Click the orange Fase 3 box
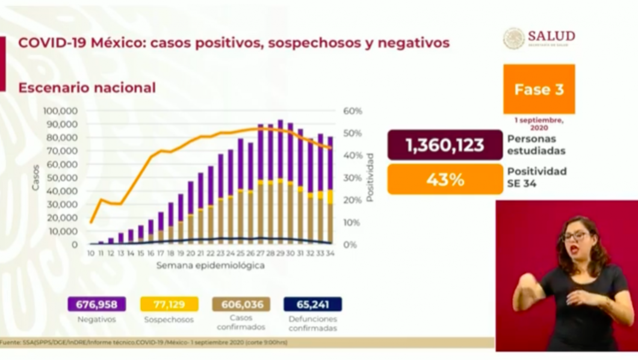[x=539, y=89]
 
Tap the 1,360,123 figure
[x=445, y=145]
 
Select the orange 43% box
[x=445, y=179]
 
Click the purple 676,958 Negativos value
[x=96, y=304]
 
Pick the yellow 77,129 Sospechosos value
[x=169, y=304]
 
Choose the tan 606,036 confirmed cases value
[x=241, y=304]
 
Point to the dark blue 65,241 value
[x=313, y=304]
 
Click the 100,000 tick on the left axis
[x=60, y=111]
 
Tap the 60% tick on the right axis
[x=353, y=111]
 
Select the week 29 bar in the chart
[x=280, y=181]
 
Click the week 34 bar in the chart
[x=330, y=193]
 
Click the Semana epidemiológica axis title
[x=210, y=265]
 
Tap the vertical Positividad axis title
[x=370, y=178]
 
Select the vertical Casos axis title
[x=36, y=178]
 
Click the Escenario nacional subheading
[x=87, y=88]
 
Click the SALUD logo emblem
[x=514, y=38]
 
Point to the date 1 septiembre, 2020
[x=539, y=124]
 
